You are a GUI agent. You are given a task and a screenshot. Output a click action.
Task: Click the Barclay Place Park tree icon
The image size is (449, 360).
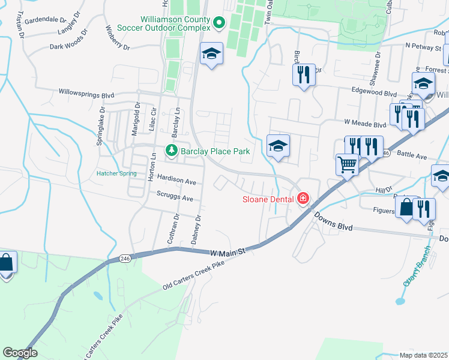[172, 151]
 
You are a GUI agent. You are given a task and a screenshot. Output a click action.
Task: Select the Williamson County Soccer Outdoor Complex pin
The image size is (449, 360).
[219, 23]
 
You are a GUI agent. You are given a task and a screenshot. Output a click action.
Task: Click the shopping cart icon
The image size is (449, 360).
[348, 164]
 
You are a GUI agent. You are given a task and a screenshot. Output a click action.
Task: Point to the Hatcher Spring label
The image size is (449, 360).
[117, 175]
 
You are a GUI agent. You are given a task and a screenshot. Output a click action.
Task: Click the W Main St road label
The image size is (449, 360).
[229, 253]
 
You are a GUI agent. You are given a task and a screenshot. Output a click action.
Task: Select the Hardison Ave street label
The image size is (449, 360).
[176, 181]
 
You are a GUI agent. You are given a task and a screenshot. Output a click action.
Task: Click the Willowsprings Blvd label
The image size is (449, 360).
[86, 94]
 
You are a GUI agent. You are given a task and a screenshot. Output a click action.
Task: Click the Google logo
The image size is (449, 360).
[20, 353]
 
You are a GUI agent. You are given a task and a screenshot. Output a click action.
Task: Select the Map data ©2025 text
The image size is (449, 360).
[423, 355]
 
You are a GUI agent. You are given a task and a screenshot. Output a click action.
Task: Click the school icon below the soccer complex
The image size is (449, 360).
[211, 55]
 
